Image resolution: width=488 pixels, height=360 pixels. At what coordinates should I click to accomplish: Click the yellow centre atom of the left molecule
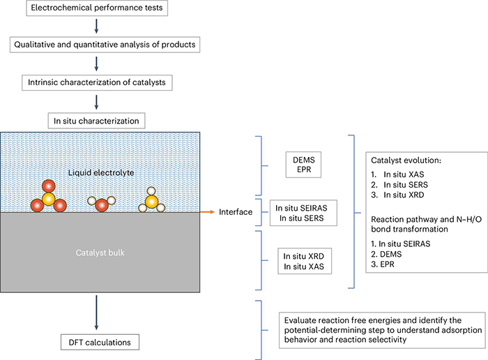coord(47,199)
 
